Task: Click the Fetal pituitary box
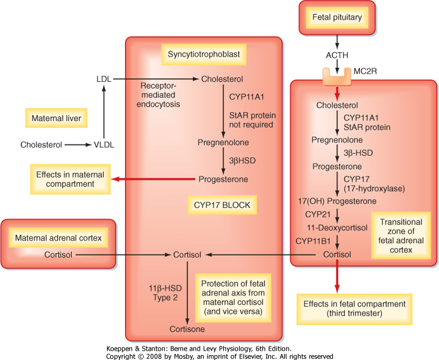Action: point(337,18)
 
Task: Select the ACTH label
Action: point(337,55)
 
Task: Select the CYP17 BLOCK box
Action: point(222,205)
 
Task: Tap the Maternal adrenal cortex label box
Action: point(58,238)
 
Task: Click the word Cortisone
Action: point(187,329)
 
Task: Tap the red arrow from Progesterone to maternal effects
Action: point(154,179)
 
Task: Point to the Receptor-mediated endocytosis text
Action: point(160,95)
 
